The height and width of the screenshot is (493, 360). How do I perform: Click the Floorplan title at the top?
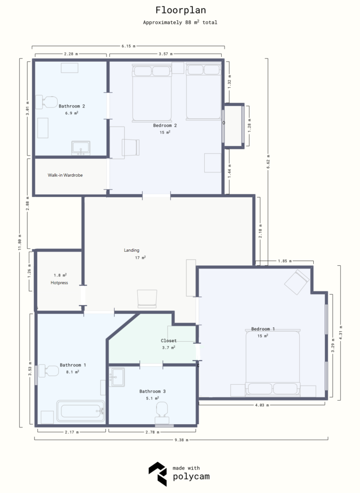pos(179,10)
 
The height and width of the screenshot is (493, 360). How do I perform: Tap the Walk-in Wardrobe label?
pos(65,175)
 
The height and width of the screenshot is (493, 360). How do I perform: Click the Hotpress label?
pos(59,283)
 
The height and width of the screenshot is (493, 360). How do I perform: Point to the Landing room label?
pos(132,250)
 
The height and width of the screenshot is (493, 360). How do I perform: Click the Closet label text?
pos(169,340)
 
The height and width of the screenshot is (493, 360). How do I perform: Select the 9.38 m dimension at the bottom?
pos(181,440)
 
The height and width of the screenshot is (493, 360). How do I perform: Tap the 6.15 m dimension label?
pos(128,46)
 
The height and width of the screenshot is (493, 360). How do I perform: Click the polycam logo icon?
pos(157,474)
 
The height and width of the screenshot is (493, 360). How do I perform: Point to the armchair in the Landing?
pos(147,298)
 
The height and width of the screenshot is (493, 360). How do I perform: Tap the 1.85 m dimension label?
pos(284,261)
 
